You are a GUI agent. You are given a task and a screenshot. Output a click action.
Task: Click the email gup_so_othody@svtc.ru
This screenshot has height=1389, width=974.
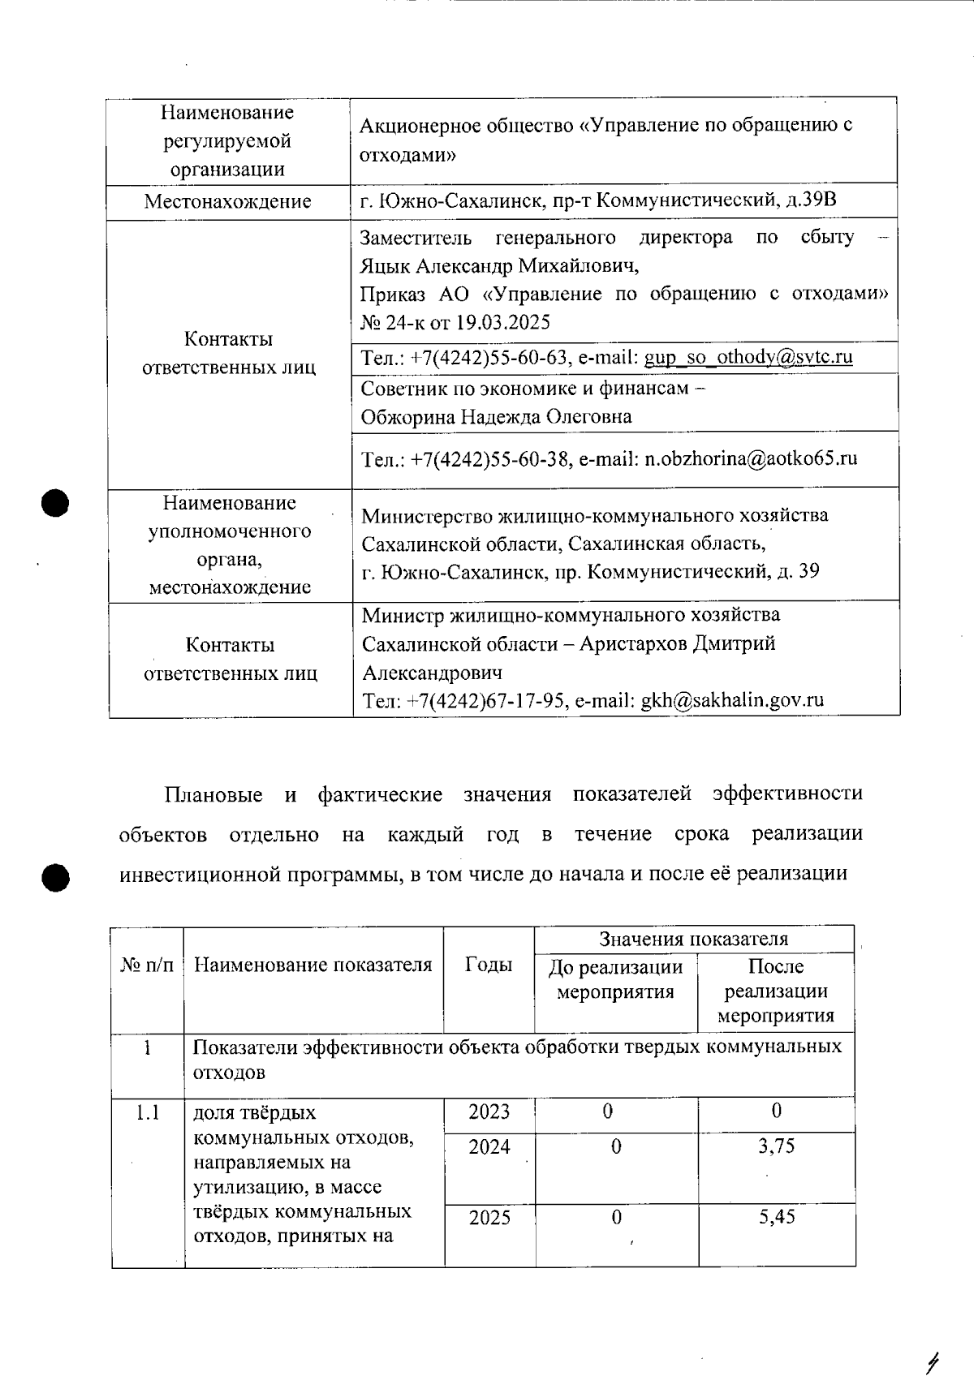tap(748, 357)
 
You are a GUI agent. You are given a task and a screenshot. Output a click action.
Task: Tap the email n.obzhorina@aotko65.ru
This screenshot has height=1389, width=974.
tap(751, 458)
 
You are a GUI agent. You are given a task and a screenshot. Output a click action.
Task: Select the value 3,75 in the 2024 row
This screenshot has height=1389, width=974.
tap(776, 1146)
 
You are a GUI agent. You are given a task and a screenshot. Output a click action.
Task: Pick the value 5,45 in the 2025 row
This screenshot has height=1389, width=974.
tap(776, 1217)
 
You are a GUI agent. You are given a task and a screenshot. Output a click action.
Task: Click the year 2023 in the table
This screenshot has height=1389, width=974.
tap(489, 1112)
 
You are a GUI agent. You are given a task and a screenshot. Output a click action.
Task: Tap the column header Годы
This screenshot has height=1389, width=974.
tap(489, 964)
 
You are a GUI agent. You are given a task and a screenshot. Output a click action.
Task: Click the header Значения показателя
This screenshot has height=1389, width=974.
tap(693, 939)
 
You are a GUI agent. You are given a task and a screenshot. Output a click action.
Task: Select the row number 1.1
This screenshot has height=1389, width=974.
tap(147, 1112)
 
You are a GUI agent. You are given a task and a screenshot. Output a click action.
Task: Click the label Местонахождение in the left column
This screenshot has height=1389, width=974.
tap(227, 201)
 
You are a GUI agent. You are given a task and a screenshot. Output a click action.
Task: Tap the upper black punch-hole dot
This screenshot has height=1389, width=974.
tap(54, 502)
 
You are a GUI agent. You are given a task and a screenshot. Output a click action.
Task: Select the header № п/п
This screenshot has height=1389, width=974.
tap(147, 965)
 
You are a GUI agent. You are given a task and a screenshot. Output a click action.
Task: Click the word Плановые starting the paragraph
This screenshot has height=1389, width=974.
tap(213, 794)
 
